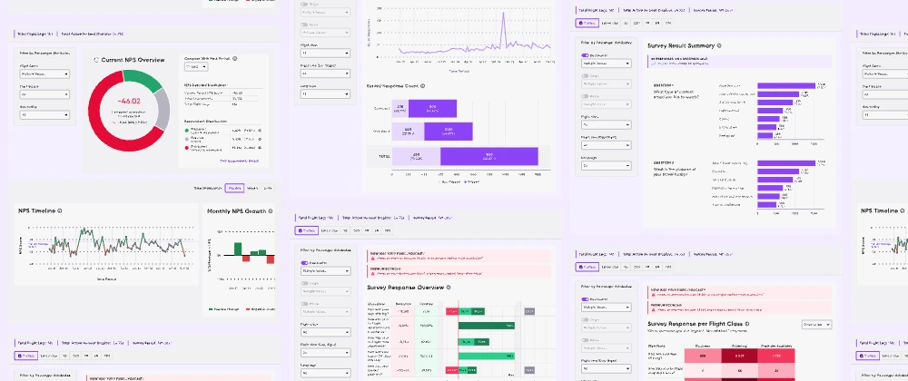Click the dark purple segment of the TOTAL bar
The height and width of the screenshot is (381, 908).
tap(489, 156)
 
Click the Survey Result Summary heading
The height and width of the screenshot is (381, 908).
tap(680, 44)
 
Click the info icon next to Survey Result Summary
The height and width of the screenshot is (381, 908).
tap(720, 44)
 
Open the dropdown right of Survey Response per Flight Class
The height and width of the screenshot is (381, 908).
tap(815, 324)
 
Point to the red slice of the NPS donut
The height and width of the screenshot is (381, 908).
tap(109, 127)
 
